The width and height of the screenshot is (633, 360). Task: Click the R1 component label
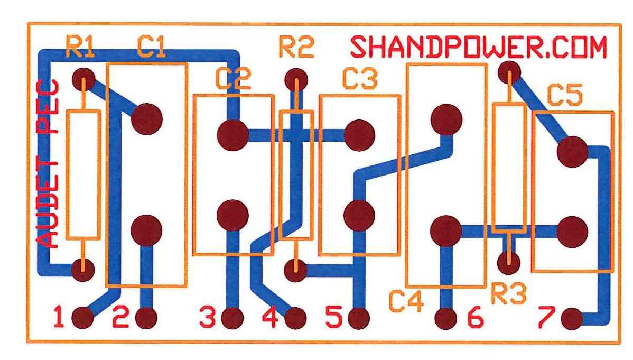80,48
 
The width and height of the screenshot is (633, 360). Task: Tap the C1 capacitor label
152,48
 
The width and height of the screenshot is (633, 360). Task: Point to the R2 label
296,48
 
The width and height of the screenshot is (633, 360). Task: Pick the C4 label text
407,302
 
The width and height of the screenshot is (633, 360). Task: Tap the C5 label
564,96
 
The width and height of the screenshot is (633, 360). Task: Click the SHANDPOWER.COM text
479,48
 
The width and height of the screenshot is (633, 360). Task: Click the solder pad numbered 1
82,318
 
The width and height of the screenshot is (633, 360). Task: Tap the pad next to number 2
146,318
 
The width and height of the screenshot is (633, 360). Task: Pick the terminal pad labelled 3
232,318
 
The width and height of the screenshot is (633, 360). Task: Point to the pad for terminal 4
295,318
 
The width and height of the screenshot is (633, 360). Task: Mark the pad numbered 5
359,318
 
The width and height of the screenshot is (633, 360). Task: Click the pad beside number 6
446,318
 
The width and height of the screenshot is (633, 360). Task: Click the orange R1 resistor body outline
83,174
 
